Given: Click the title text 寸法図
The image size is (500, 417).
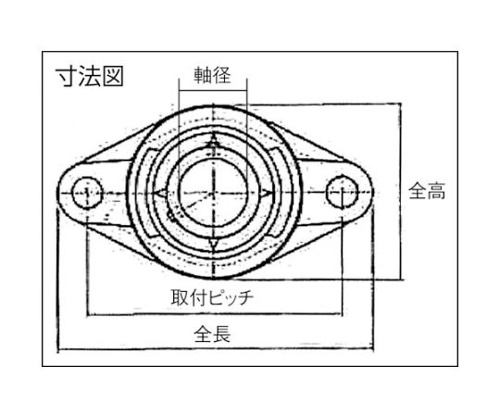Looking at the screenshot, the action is coord(90,76).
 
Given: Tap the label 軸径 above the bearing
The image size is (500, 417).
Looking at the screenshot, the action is coord(212,76).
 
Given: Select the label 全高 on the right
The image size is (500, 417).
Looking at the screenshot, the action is coord(427,191).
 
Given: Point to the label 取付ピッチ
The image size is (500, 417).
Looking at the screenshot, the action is coord(212,297).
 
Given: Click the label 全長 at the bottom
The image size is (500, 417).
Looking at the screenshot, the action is coord(212,334).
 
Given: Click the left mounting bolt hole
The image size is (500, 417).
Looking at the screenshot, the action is coord(87,193).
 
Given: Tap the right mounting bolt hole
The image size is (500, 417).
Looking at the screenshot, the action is coord(343,192).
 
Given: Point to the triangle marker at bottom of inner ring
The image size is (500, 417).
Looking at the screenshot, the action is coord(213,243).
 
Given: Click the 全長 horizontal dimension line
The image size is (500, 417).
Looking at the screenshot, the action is coord(216,348).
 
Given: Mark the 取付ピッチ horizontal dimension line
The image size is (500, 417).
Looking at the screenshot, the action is coord(214,314).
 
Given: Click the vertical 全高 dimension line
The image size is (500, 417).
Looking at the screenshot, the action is coord(401,192).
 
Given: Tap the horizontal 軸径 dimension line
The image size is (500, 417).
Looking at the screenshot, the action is coord(213,91).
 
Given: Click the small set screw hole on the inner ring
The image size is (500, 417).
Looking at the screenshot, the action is coord(172,218).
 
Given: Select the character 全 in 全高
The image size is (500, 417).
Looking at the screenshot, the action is coord(418,191).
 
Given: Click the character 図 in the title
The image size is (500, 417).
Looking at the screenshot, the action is coord(113,76).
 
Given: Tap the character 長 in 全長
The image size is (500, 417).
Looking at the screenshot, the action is coord(221,334).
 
